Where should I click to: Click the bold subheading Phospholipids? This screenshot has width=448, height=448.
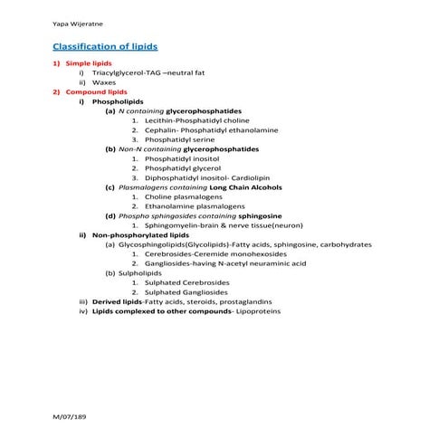point(122,101)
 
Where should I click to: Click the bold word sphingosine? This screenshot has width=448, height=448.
point(259,216)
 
